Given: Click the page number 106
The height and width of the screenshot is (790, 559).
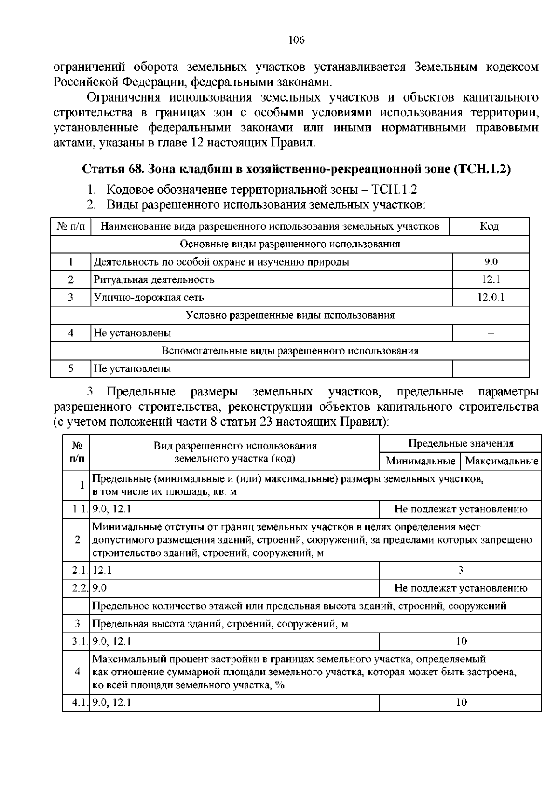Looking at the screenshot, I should tap(296, 40).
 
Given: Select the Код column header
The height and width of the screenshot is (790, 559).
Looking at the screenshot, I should tap(490, 226).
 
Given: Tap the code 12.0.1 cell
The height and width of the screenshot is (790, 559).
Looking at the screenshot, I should tap(491, 297).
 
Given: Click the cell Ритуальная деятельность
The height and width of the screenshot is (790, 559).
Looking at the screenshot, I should tap(154, 279).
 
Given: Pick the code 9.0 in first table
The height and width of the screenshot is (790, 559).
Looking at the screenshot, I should tap(491, 262).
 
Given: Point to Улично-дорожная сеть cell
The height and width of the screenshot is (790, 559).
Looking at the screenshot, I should tap(149, 297).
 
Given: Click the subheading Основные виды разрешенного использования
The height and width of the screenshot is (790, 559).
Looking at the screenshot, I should tap(290, 244).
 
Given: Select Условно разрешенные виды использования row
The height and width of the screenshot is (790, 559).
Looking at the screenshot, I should tap(290, 315).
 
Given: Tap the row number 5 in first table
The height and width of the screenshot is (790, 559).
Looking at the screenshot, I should tap(71, 368).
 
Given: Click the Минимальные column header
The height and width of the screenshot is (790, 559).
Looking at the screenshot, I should tap(420, 462).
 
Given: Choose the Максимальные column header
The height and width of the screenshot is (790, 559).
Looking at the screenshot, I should tap(502, 462).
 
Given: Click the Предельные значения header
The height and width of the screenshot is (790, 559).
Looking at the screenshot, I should tap(461, 443).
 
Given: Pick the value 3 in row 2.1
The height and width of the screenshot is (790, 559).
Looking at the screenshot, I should tap(461, 570).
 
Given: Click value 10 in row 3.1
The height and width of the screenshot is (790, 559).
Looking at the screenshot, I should tap(461, 641).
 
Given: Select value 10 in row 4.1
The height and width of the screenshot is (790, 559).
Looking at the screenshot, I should tap(461, 702).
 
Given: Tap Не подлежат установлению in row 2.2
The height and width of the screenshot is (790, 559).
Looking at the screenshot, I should tap(461, 588).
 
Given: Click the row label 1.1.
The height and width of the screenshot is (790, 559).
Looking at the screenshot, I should tap(77, 509).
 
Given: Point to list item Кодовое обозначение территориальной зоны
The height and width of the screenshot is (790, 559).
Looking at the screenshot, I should tap(261, 190).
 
